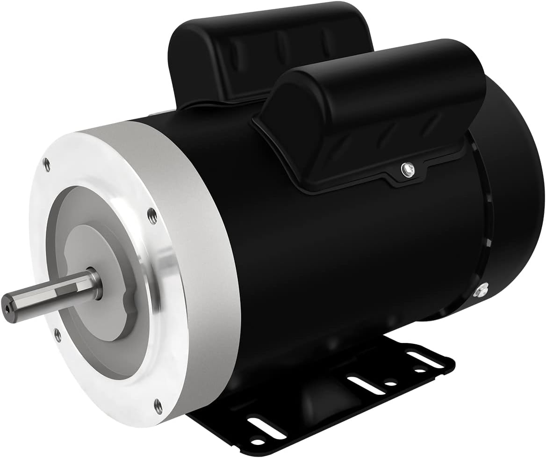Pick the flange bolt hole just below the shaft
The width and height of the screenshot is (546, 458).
[57, 334]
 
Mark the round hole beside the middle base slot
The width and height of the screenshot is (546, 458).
[388, 385]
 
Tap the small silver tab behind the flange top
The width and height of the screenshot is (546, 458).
[159, 112]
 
